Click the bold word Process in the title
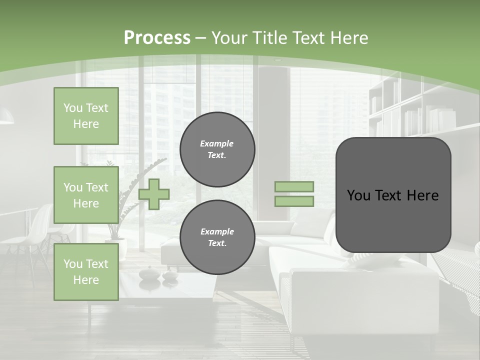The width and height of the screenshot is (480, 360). [x=157, y=38]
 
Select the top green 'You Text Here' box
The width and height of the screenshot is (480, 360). [x=86, y=116]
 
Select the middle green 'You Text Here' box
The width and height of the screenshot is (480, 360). [x=86, y=195]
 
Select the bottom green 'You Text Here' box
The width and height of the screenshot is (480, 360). [x=86, y=272]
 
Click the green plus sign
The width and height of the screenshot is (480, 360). [x=154, y=194]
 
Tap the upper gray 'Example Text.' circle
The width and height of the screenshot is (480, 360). [x=217, y=149]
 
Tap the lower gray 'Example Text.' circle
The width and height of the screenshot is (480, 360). [x=217, y=237]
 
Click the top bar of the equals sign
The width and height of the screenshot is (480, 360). [x=294, y=186]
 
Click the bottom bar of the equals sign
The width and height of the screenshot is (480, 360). [x=294, y=201]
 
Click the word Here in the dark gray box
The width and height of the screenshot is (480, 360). [x=423, y=195]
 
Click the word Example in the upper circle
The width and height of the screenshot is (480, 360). [x=216, y=143]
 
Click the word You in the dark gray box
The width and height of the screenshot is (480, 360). [x=359, y=195]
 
